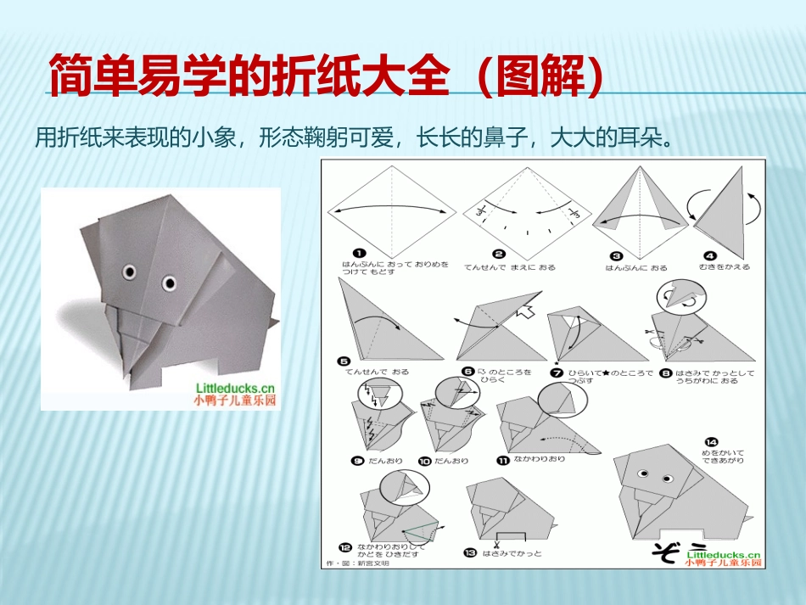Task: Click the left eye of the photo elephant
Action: pos(129,272)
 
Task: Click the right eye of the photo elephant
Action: pos(170,281)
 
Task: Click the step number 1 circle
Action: pos(360,253)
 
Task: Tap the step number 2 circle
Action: pos(499,253)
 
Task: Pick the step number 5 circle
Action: pos(344,360)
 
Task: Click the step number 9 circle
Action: pos(358,460)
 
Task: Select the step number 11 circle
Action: pos(503,460)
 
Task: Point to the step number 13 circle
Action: pos(470,553)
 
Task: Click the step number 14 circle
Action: pos(711,441)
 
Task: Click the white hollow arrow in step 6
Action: pos(527,311)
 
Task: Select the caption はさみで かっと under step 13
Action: pos(512,553)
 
